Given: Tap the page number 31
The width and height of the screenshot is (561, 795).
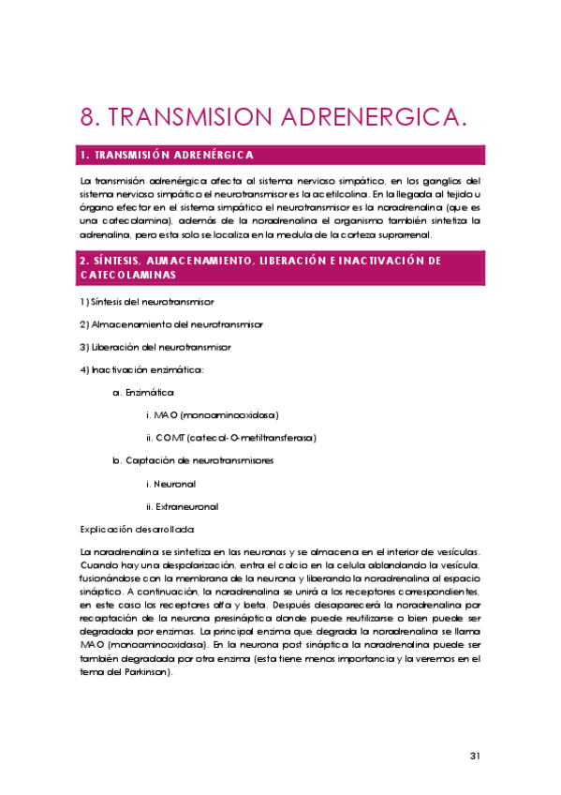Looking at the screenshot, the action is (474, 756).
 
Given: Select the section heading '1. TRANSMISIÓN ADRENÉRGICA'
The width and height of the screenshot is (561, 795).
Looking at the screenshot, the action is (167, 155).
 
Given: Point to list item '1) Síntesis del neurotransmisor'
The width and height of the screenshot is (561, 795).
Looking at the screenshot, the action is (147, 302).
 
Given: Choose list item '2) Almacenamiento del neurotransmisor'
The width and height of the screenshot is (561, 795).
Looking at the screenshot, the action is (170, 324).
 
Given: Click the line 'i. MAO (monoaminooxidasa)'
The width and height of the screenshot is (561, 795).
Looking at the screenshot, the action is (213, 414).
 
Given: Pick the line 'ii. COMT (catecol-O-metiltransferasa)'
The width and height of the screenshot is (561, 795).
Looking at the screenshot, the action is (231, 438).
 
